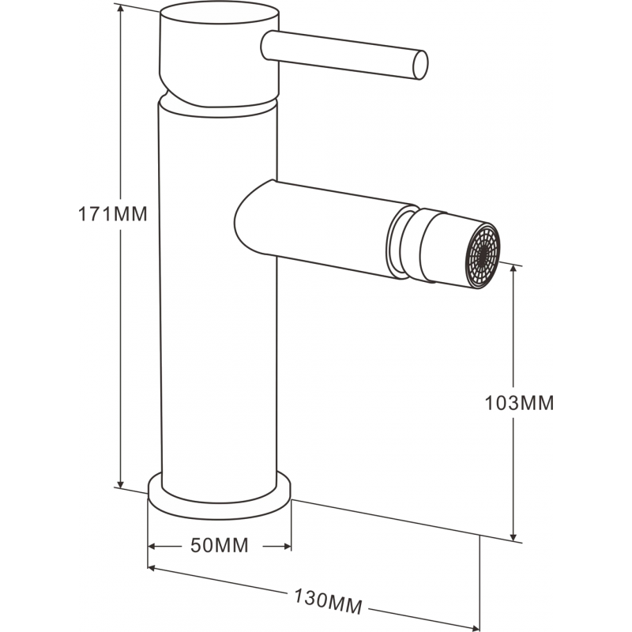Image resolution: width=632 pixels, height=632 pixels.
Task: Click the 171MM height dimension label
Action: click(x=113, y=214)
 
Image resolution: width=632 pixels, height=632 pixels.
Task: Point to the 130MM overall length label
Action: click(x=328, y=601)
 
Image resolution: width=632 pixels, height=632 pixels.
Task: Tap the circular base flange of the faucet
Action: click(x=220, y=499)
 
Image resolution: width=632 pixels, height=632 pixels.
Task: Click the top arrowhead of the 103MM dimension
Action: click(x=515, y=271)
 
